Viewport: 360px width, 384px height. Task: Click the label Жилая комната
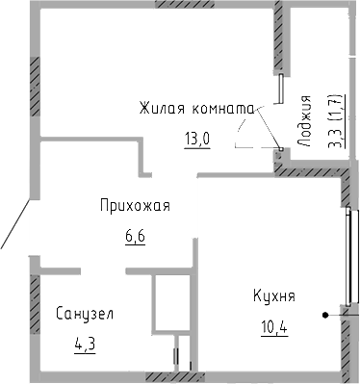[194, 108]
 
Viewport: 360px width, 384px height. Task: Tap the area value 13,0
[197, 138]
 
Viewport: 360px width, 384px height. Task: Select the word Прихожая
[135, 205]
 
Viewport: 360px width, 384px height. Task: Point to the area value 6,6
[134, 234]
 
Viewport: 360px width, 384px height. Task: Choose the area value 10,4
[277, 324]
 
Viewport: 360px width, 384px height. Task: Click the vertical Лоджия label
[306, 117]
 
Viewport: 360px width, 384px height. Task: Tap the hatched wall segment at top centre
[182, 5]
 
